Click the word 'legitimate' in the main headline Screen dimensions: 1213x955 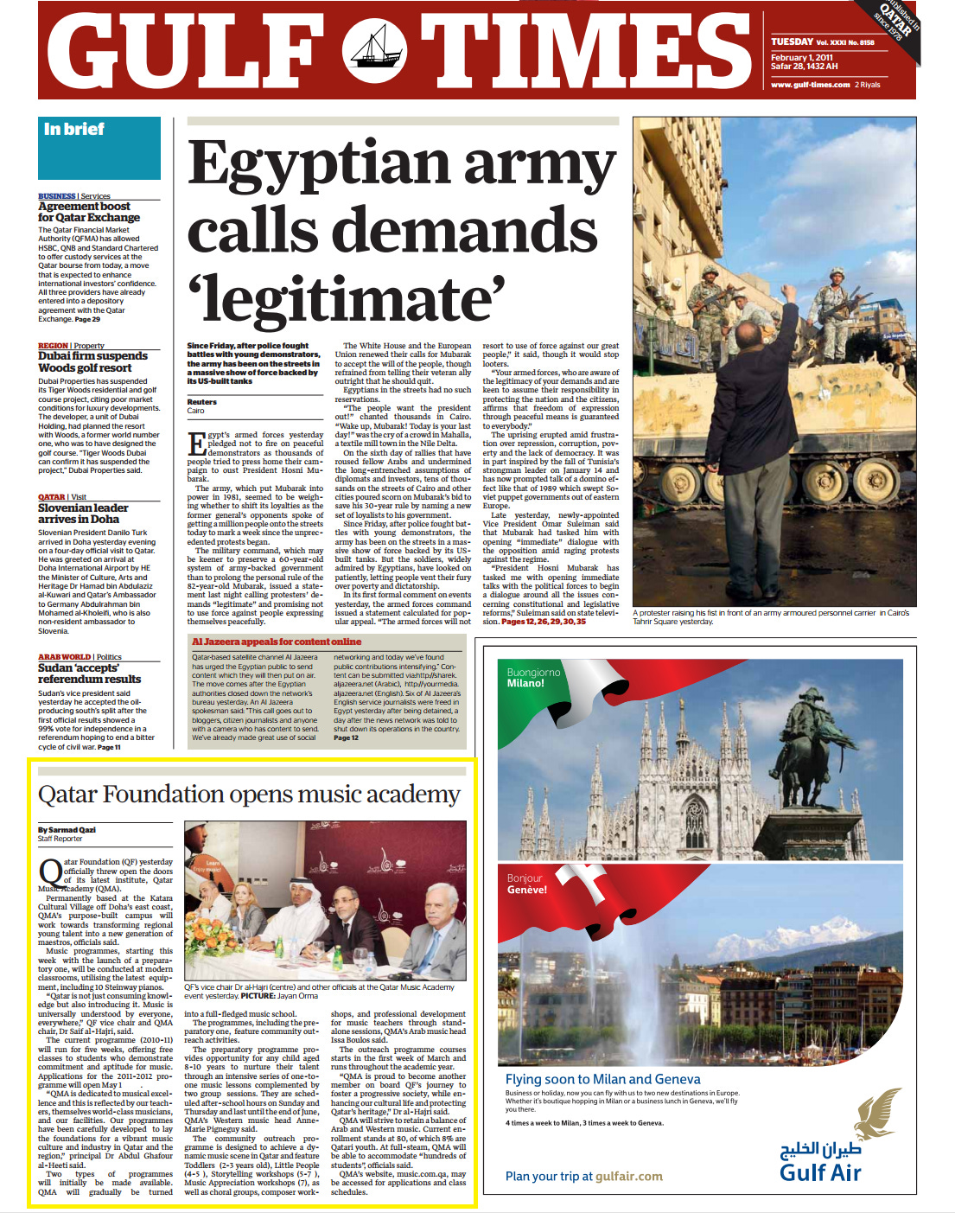click(346, 298)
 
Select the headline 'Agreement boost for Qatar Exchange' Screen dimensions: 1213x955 click(88, 212)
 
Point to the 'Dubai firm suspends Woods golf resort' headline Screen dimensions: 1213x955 click(92, 361)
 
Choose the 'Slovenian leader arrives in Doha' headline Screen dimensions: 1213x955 click(83, 514)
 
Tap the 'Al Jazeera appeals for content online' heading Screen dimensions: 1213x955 click(277, 642)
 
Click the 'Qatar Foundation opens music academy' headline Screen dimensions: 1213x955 click(249, 794)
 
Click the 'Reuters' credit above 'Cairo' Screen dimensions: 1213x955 click(201, 402)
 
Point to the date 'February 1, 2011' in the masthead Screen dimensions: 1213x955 click(801, 58)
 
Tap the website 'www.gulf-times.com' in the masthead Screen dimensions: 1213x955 click(810, 85)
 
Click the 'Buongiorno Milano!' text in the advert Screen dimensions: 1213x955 click(533, 677)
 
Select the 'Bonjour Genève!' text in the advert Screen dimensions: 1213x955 click(526, 884)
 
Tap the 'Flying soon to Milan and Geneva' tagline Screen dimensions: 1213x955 click(602, 1079)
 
